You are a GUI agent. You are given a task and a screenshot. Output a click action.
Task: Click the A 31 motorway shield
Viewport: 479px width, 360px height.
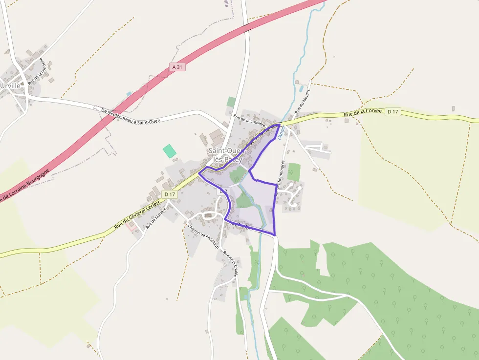(x=178, y=67)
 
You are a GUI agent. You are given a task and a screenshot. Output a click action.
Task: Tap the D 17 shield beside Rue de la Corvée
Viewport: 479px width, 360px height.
(x=392, y=112)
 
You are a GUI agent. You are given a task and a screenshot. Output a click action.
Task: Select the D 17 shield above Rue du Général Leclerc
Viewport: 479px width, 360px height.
(x=170, y=194)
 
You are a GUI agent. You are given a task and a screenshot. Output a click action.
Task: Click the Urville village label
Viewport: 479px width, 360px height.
(x=11, y=85)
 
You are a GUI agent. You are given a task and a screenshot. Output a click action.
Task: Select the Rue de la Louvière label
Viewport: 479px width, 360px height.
(x=249, y=121)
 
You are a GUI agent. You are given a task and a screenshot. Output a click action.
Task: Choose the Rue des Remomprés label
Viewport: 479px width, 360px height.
(x=279, y=178)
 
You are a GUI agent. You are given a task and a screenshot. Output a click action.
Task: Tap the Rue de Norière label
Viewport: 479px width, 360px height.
(x=156, y=217)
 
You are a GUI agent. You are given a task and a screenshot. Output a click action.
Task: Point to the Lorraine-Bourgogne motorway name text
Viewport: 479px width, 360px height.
(x=24, y=186)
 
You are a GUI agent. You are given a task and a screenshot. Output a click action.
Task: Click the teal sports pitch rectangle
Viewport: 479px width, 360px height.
(x=169, y=151)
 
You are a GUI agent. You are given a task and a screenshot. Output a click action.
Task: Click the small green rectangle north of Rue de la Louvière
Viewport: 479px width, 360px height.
(x=231, y=102)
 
